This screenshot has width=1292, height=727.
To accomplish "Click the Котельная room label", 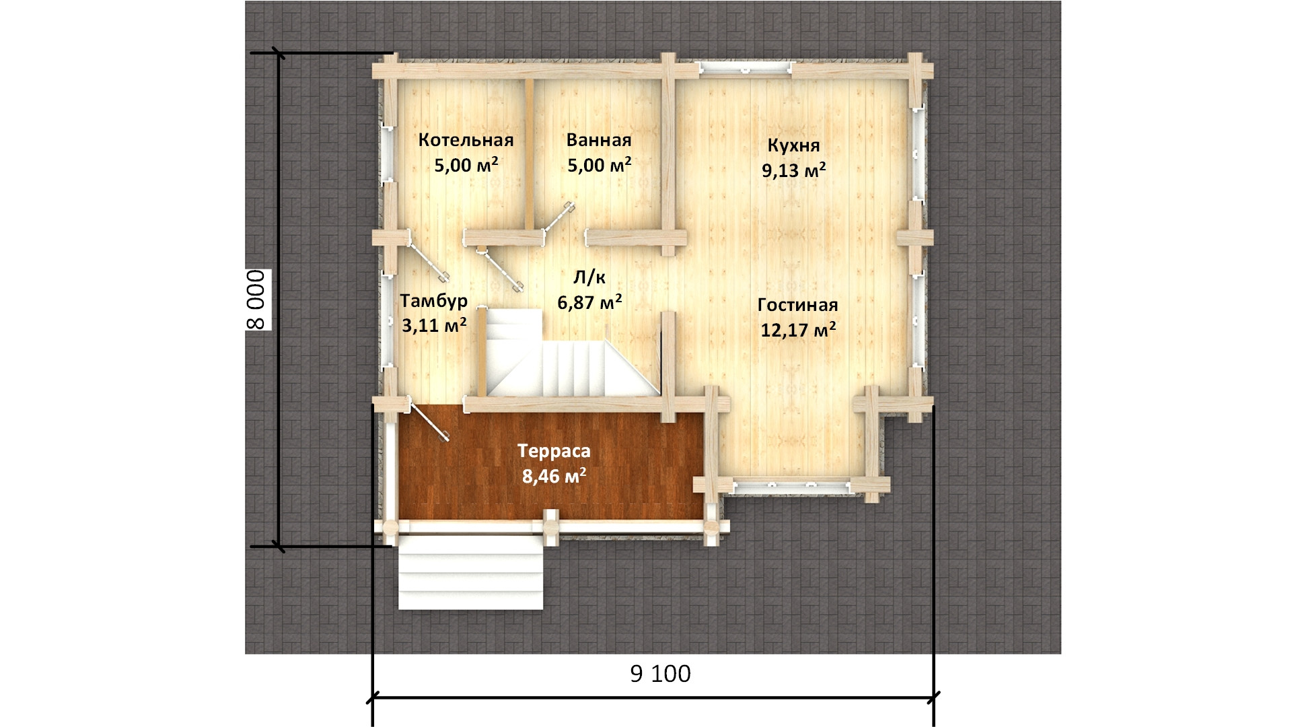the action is coord(466,140).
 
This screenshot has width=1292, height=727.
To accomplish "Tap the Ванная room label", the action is coord(599,140).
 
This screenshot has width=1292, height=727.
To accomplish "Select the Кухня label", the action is coord(794,146).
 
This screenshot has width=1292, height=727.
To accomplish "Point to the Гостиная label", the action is coord(798,306).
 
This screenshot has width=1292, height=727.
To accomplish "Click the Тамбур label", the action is coord(433,301).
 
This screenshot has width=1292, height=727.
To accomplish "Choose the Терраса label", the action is coord(554,451).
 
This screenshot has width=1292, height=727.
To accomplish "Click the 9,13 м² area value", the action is coord(794,170).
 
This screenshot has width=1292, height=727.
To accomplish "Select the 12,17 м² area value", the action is coord(798,330).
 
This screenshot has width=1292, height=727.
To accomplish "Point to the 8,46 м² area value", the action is coord(554,477).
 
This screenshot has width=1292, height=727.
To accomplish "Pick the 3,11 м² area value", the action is coord(434,326).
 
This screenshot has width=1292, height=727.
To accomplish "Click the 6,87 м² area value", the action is coord(589,302).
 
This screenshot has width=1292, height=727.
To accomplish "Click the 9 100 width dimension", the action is coord(661,674).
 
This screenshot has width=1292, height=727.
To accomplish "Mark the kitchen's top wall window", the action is coord(744,68).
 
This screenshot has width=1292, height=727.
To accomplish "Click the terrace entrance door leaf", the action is coord(428,421).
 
